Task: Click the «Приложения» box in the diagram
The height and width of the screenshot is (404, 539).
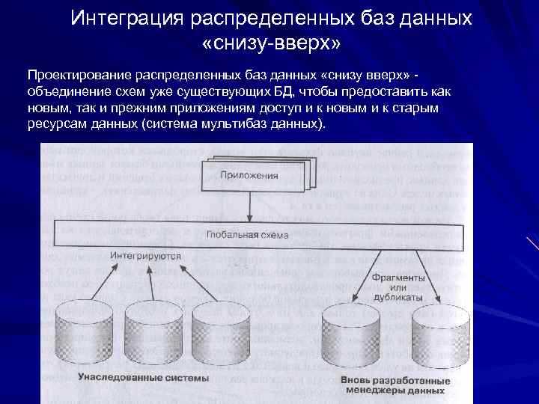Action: (249, 177)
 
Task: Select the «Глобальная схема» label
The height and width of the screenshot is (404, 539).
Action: (246, 234)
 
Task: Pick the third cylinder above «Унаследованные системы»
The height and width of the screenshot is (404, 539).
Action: (215, 329)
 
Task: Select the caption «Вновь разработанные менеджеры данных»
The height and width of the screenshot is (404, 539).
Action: (395, 385)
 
